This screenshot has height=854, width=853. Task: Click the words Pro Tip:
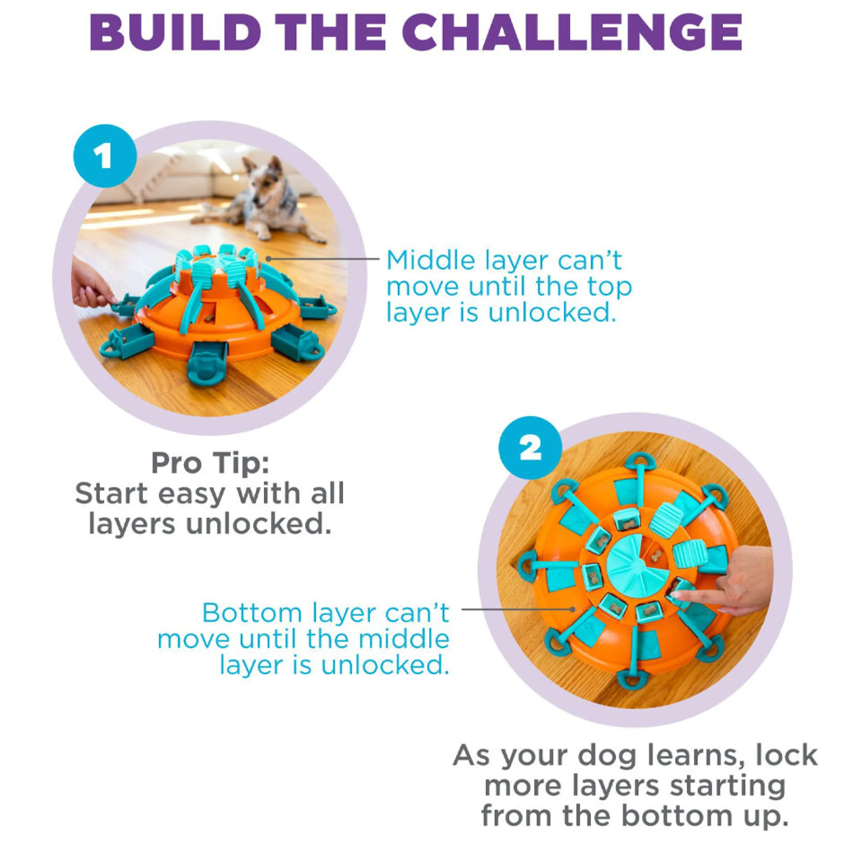(x=210, y=463)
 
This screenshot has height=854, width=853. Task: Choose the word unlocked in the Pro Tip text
(x=259, y=524)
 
